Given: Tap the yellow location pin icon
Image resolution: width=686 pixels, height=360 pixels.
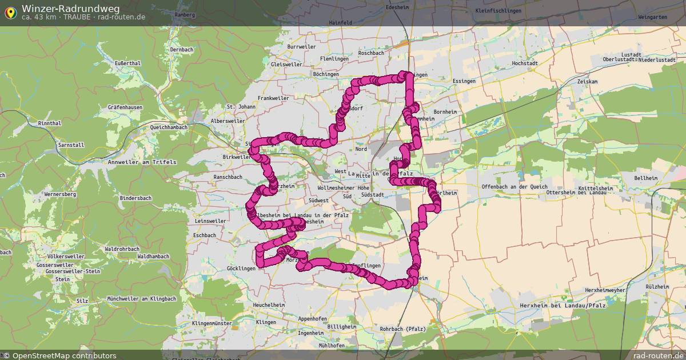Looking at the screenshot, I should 10,11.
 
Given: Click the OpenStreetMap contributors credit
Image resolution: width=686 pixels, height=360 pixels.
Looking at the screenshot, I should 64,355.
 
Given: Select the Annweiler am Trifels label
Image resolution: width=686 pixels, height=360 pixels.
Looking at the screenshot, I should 142,162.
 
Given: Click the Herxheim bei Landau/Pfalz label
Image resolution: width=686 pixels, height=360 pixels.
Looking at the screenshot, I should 563,306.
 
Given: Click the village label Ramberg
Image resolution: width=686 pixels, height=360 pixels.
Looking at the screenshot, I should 185,14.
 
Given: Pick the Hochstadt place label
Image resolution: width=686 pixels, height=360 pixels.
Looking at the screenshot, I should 526,63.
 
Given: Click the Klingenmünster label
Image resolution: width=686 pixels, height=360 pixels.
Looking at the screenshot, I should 212,323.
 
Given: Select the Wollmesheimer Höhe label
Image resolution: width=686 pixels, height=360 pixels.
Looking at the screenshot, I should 344,187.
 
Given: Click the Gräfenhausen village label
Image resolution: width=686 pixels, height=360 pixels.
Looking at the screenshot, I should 125,107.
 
